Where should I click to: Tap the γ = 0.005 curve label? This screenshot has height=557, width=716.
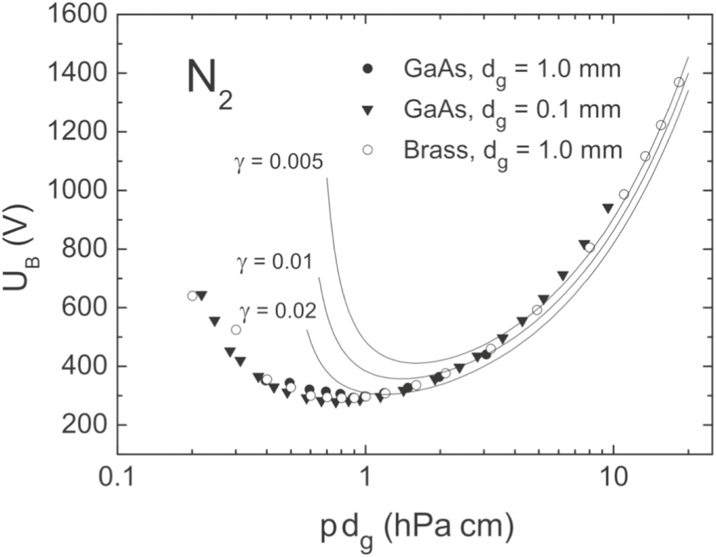click(278, 163)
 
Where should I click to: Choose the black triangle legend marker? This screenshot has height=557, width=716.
click(367, 110)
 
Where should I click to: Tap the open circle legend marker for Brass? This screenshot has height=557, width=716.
click(367, 150)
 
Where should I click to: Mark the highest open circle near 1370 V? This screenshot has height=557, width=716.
click(678, 82)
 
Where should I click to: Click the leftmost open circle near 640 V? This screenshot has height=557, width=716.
click(192, 296)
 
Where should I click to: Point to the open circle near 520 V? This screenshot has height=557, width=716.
click(236, 329)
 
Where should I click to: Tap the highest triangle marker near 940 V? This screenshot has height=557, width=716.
click(608, 208)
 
